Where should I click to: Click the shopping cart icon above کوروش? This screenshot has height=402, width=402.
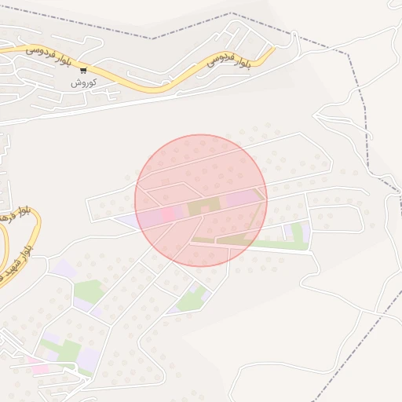tap(83, 70)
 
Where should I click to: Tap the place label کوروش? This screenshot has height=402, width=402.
tap(83, 82)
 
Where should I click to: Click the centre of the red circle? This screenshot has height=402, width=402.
tap(201, 200)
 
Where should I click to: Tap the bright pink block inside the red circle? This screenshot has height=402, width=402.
tap(169, 213)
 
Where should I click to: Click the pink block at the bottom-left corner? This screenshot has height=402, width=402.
tap(37, 367)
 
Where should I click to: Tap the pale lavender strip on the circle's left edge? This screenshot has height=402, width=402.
tap(130, 220)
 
